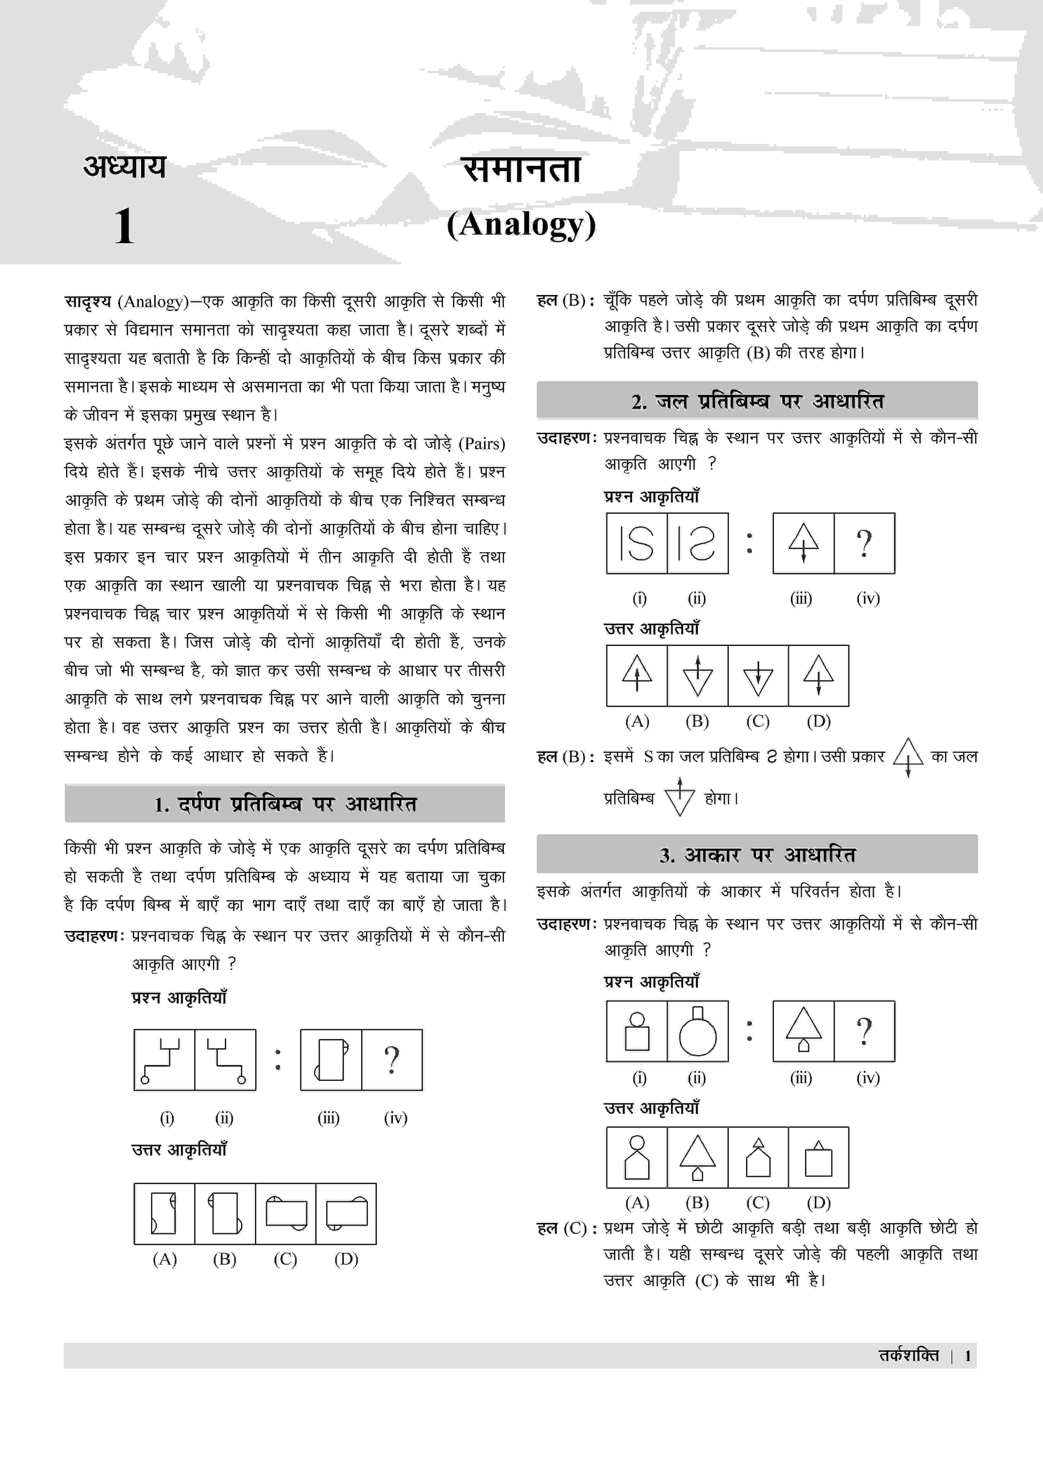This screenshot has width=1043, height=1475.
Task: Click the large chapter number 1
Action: [124, 226]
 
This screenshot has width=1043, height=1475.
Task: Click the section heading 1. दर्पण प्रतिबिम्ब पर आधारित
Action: [285, 804]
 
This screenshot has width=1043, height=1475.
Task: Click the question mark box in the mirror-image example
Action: [392, 1059]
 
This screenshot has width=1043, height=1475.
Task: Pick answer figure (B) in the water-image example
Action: [698, 676]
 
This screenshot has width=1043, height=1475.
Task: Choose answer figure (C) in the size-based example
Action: [758, 1157]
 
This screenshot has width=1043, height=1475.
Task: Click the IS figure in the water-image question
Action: [637, 543]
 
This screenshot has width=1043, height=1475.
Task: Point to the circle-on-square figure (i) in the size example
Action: [637, 1030]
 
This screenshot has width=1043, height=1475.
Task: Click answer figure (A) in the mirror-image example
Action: [164, 1214]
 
